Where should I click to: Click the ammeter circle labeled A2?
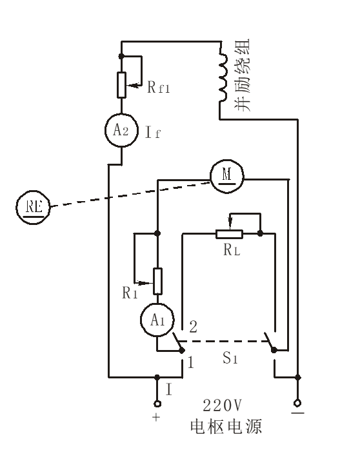(121, 131)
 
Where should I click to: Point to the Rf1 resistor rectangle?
(121, 84)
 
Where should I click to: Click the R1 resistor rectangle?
(157, 280)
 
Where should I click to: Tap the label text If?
(153, 134)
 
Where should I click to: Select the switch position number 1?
(190, 362)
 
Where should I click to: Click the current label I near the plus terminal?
(169, 389)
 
